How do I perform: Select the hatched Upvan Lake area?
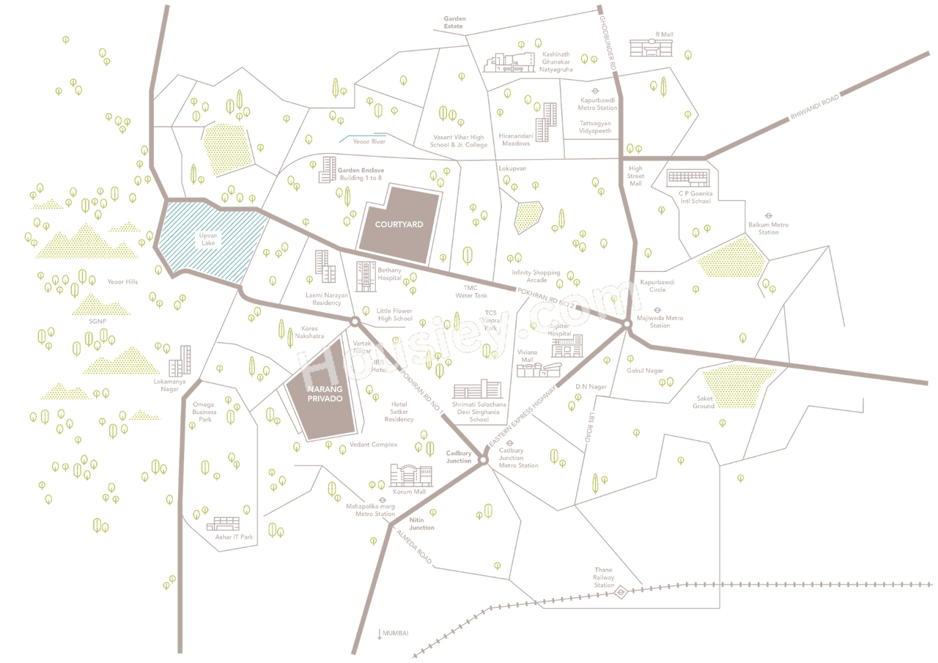(208, 241)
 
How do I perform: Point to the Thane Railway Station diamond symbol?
(620, 591)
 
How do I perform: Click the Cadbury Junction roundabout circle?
(483, 459)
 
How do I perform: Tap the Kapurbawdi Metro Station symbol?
(595, 91)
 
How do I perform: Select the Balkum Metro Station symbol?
(769, 215)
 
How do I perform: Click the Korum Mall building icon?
(410, 475)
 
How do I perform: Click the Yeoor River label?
(369, 141)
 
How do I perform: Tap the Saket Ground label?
(704, 402)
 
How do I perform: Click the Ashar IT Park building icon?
(223, 524)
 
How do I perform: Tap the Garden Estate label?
(454, 22)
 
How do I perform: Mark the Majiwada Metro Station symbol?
(658, 309)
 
